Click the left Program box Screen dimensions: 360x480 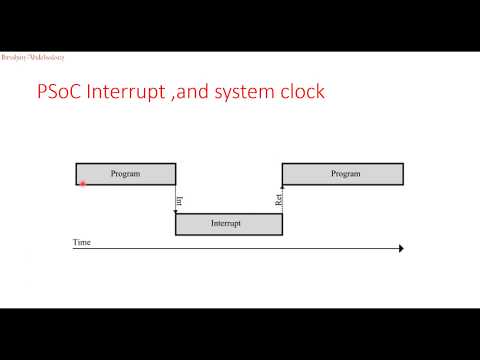point(126,174)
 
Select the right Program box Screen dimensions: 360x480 point(343,174)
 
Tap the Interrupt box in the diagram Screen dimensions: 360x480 point(229,224)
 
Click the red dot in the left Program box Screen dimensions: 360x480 point(82,183)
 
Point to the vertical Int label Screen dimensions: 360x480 point(180,200)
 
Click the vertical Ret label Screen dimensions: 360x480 point(278,199)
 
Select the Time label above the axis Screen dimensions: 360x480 point(81,242)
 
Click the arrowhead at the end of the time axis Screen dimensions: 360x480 point(401,249)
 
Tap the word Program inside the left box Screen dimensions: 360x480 point(126,174)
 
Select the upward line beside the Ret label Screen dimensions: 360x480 point(283,199)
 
